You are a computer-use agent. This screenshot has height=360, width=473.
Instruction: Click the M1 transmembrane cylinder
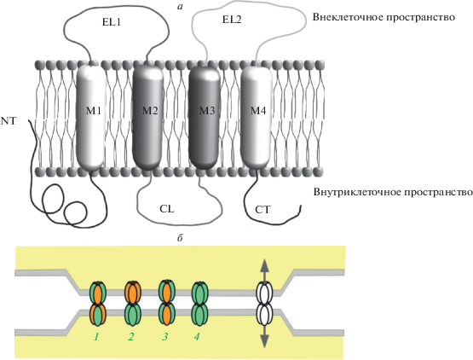(91, 119)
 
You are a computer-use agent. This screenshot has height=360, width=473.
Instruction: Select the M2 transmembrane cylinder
(147, 117)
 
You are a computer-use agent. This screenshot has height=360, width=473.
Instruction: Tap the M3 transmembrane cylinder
(205, 117)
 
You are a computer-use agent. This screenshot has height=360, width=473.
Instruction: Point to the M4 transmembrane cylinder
(257, 117)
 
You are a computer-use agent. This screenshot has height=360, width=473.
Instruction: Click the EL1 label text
(112, 21)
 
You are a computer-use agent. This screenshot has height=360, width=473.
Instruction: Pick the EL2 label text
(232, 20)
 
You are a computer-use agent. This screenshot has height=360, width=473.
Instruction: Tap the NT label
(9, 121)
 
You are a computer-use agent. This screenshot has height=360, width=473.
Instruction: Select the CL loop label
(167, 209)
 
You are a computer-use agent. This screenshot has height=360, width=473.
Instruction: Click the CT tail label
(262, 210)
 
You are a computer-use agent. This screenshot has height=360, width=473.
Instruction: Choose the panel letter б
(180, 238)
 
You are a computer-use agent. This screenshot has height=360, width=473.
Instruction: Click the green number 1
(96, 336)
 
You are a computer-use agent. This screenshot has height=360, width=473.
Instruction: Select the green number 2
(130, 336)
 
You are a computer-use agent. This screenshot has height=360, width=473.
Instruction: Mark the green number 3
(164, 336)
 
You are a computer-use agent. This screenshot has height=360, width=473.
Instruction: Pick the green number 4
(197, 336)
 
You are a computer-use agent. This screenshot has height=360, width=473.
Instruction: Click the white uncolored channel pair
(264, 303)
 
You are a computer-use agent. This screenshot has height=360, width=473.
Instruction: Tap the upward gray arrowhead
(264, 265)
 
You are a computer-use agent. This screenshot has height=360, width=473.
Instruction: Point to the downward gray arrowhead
(264, 341)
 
